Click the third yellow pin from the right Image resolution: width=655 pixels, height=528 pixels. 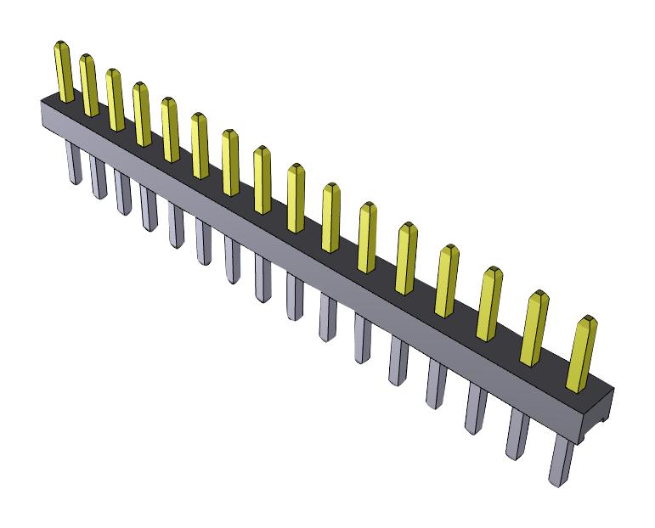coord(488,303)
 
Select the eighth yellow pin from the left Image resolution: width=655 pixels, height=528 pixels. coord(261,179)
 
